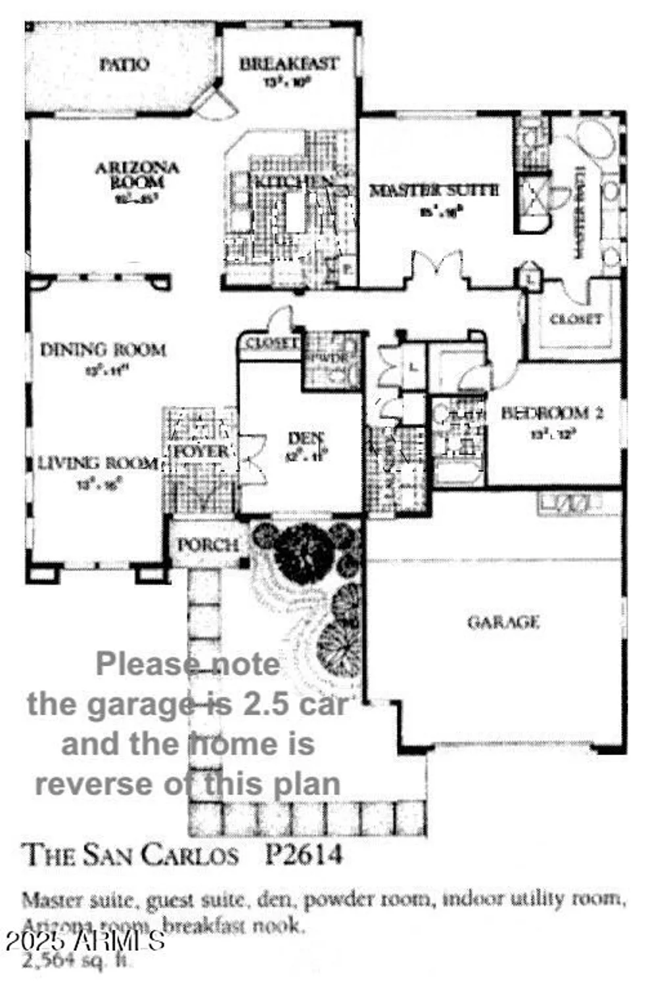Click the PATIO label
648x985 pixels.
tap(124, 64)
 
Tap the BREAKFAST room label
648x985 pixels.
tap(289, 64)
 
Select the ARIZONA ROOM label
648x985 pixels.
tap(137, 175)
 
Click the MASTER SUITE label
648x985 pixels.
tap(434, 190)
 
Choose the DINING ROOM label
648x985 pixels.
tap(103, 349)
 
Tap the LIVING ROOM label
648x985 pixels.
tap(97, 464)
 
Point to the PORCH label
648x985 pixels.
tap(207, 544)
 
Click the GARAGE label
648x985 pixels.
tap(503, 621)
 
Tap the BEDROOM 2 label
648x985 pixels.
tap(552, 413)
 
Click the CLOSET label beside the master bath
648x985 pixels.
tap(575, 319)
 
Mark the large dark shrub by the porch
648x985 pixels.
tap(304, 542)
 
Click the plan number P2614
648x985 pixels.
tap(304, 854)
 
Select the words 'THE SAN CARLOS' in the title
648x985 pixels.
tap(131, 854)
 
